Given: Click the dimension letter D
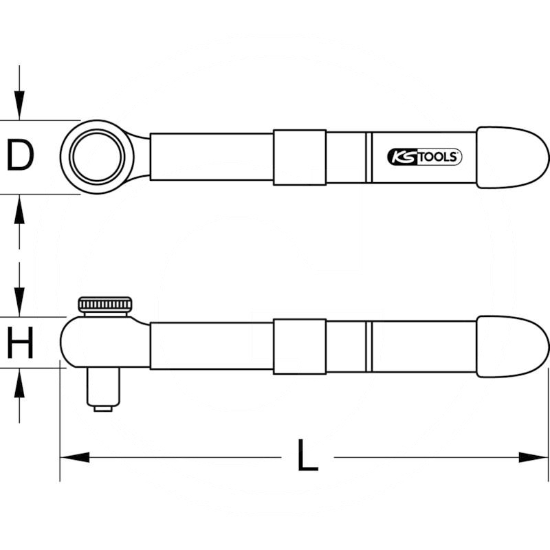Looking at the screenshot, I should click(21, 156).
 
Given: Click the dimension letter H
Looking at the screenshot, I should click(21, 344).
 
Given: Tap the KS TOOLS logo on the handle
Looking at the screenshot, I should click(424, 157).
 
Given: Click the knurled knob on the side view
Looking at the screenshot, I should click(104, 305).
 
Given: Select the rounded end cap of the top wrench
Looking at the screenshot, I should click(512, 157).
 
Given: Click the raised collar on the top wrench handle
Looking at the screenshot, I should click(299, 157).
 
